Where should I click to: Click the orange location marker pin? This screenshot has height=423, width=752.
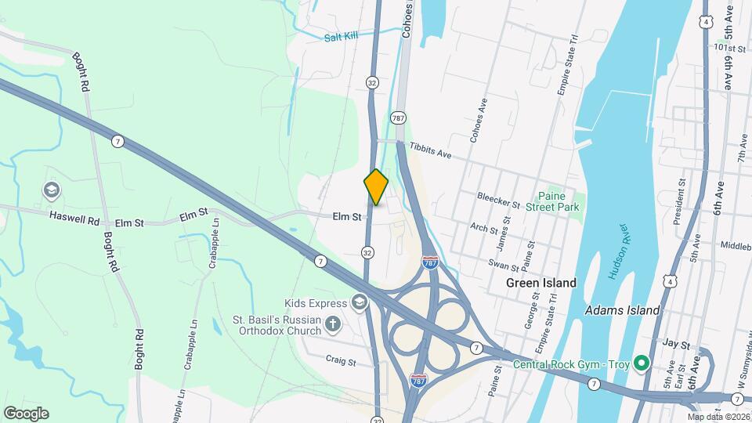tap(376, 188)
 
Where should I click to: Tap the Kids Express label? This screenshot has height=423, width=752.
tap(316, 303)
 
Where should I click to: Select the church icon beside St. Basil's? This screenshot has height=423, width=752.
tap(332, 323)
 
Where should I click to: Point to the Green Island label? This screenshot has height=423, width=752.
tap(540, 283)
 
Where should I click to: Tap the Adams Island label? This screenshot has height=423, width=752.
tap(622, 310)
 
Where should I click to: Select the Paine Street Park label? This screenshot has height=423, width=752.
tap(559, 202)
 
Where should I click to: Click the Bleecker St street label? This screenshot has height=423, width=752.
tap(500, 199)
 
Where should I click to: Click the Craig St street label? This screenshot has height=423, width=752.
tap(341, 362)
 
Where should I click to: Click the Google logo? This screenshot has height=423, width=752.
tap(26, 413)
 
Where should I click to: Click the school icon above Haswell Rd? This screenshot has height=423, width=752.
tap(51, 190)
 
